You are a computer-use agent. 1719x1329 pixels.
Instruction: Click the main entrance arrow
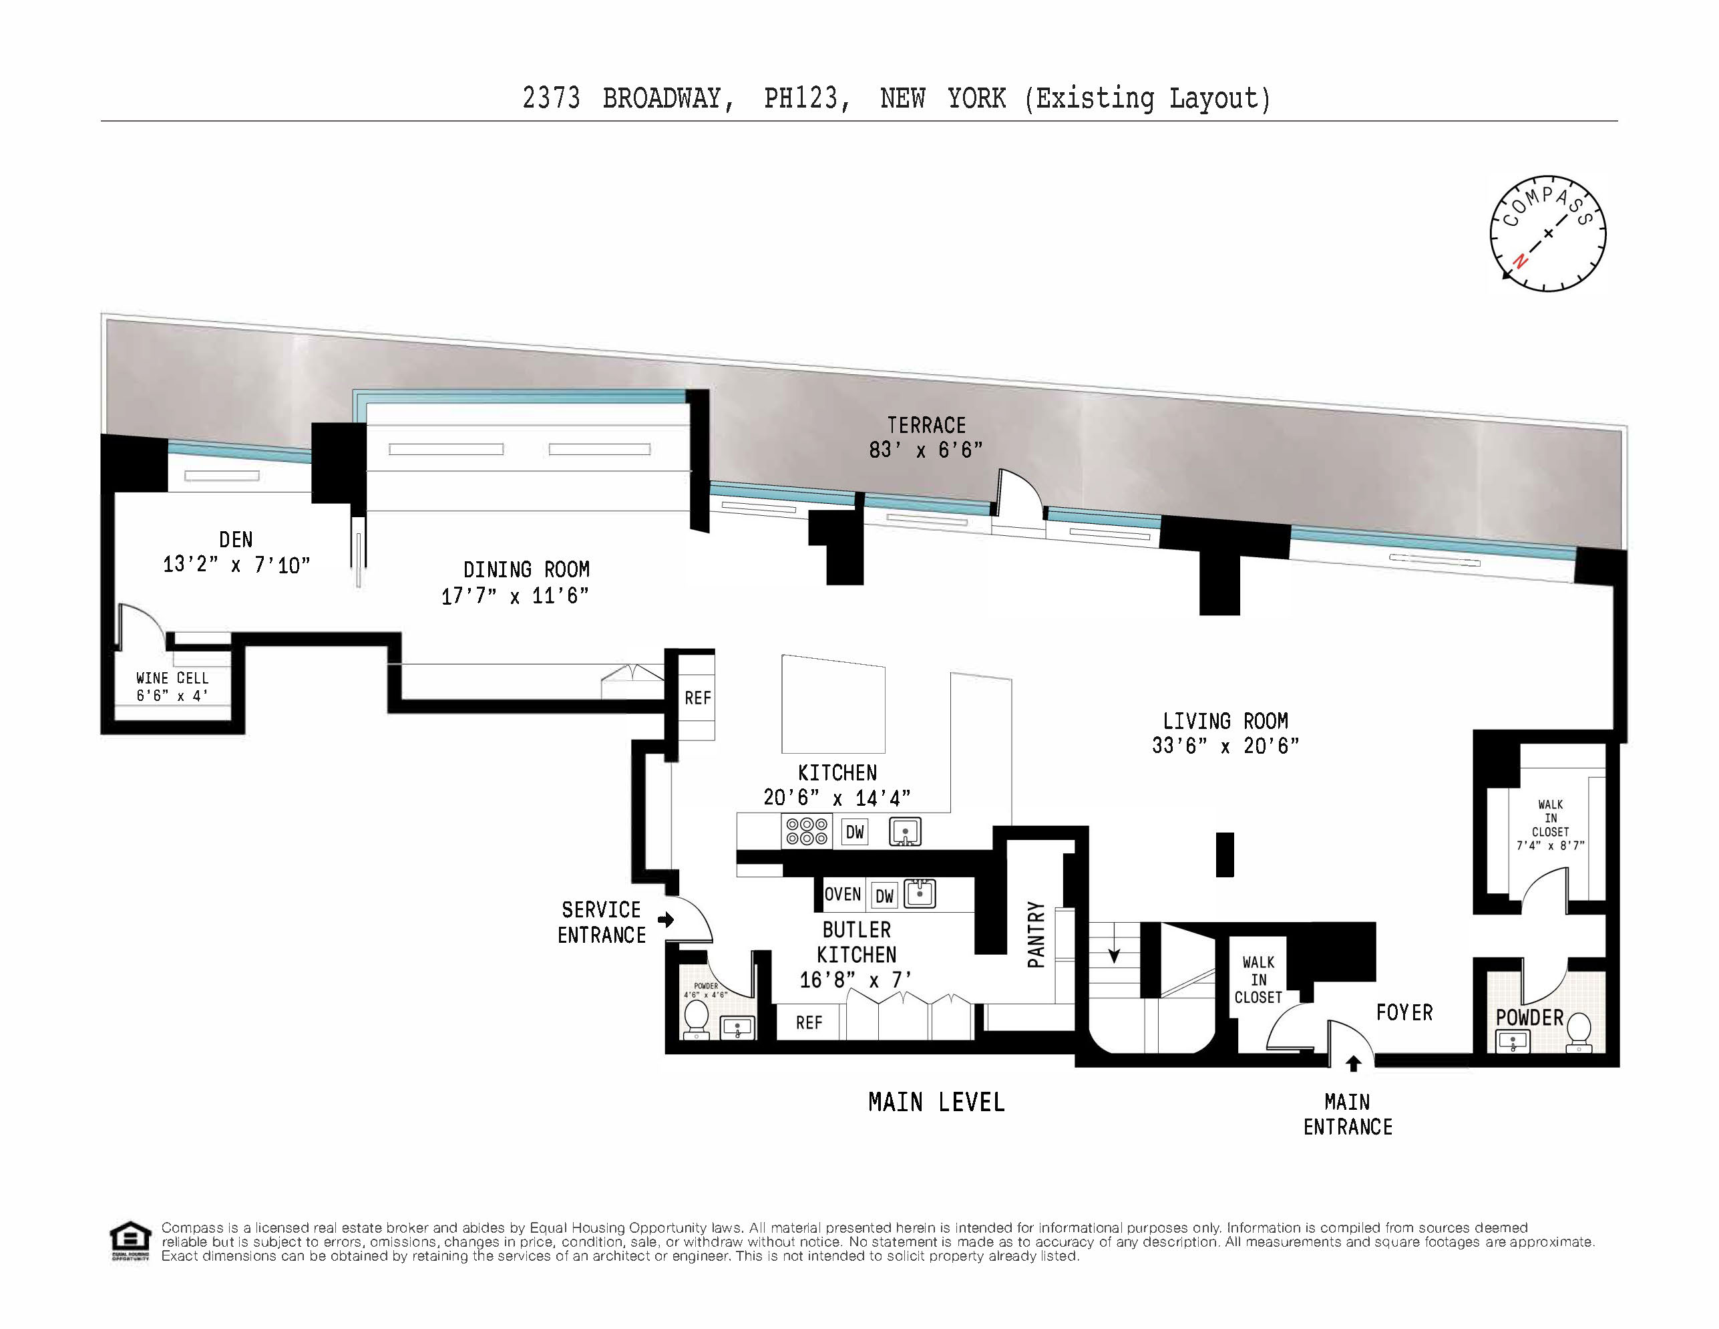1353,1064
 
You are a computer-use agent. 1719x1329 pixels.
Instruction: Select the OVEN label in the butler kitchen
842,895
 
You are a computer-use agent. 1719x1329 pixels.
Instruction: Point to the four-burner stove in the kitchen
807,831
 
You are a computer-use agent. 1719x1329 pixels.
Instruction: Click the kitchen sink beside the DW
905,831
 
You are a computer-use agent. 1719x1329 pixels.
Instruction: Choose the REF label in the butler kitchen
808,1023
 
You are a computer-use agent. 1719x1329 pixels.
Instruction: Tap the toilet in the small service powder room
696,1020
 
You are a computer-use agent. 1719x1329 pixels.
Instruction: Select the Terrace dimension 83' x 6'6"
926,450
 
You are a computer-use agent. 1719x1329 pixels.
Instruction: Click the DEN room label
236,540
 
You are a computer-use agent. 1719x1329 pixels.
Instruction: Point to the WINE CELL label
172,678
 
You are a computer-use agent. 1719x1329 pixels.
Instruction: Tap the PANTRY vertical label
1036,935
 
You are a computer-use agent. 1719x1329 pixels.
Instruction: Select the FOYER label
1404,1012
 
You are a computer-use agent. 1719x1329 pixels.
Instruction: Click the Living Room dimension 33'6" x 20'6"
1225,746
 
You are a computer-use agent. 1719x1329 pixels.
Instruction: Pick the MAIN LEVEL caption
936,1102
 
